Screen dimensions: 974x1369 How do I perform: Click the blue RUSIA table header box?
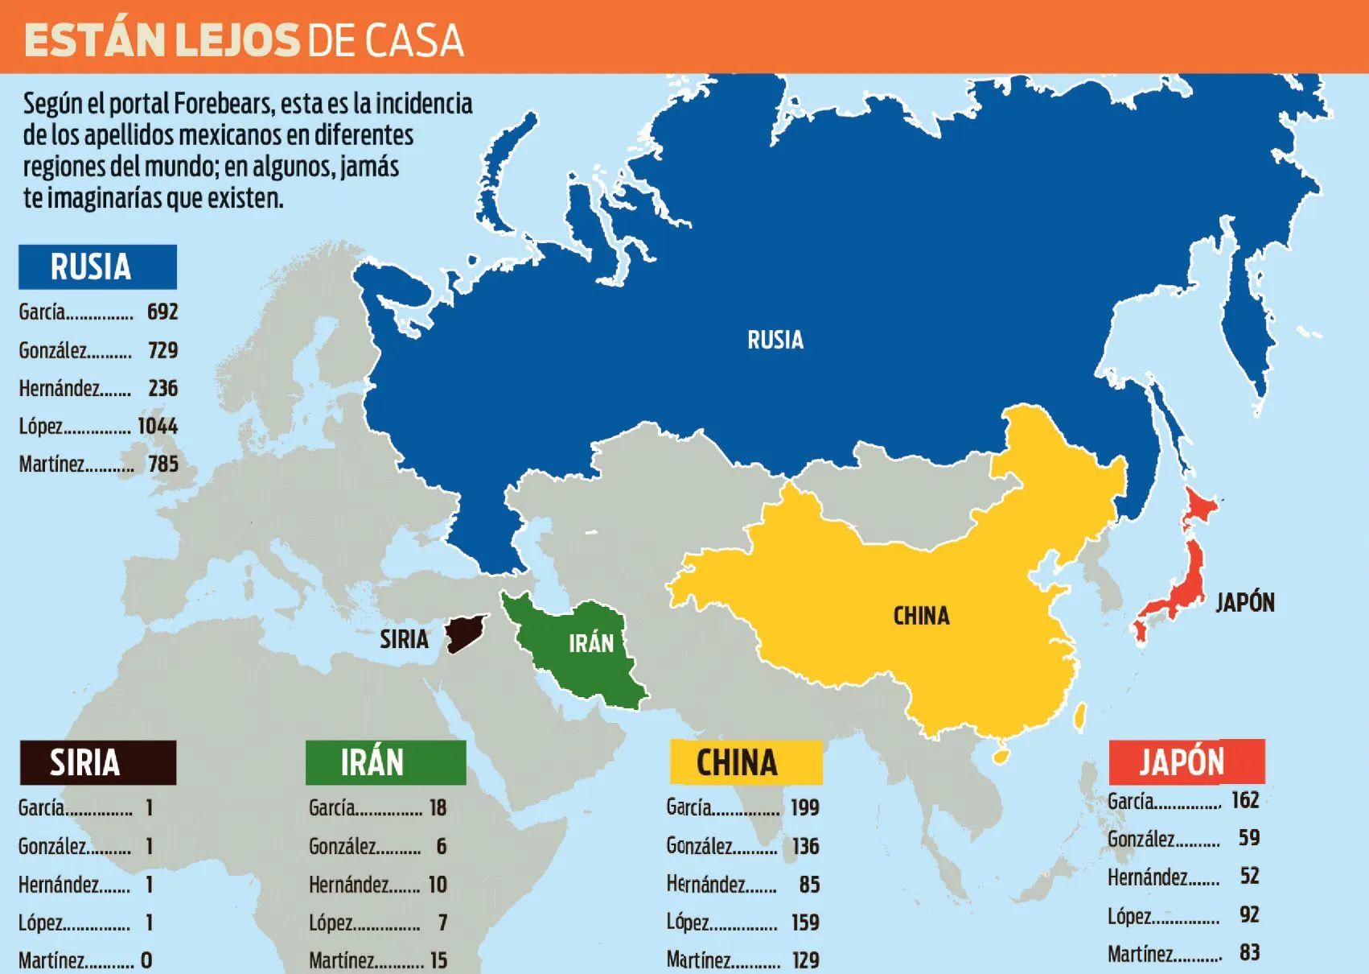[97, 267]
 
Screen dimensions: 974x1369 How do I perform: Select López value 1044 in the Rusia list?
[158, 426]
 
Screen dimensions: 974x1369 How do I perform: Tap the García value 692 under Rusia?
[162, 312]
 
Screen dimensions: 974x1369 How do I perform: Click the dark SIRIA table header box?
[97, 762]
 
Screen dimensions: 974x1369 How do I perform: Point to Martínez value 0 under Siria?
[146, 960]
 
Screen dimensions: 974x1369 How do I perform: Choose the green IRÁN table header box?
[385, 762]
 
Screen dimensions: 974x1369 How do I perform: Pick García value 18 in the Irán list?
[438, 807]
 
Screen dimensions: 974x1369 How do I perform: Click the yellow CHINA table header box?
[746, 762]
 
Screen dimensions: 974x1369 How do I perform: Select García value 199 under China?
[804, 807]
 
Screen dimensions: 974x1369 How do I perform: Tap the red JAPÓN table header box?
[1186, 761]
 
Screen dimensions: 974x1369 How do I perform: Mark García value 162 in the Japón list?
[1245, 800]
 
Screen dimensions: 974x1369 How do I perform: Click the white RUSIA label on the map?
[775, 340]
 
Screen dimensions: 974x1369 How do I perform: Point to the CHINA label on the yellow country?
[921, 616]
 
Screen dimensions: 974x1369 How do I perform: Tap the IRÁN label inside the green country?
[591, 643]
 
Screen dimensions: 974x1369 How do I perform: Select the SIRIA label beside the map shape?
[404, 639]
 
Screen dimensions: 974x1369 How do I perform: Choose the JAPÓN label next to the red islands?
[1244, 602]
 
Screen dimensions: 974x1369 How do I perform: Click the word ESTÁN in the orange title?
[94, 40]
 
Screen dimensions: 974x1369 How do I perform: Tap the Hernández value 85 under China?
[809, 885]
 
